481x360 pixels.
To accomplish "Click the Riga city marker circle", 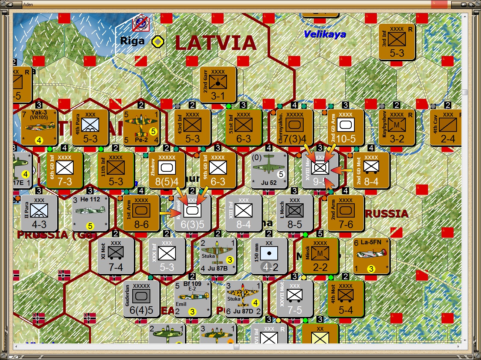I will click(158, 41).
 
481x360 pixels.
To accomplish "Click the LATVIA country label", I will click(215, 43).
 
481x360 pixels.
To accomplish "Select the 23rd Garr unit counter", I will click(218, 85).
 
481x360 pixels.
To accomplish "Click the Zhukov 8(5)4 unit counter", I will click(166, 170).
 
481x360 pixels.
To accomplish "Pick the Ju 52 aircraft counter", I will click(269, 170).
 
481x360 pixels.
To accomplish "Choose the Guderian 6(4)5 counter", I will click(141, 299).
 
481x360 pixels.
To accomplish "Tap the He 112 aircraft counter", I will click(90, 213).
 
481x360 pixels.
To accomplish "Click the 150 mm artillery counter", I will click(269, 256).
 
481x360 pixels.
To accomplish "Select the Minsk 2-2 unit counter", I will click(320, 256).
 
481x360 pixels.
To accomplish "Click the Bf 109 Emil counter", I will click(192, 299).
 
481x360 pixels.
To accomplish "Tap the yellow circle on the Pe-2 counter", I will click(153, 132).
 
